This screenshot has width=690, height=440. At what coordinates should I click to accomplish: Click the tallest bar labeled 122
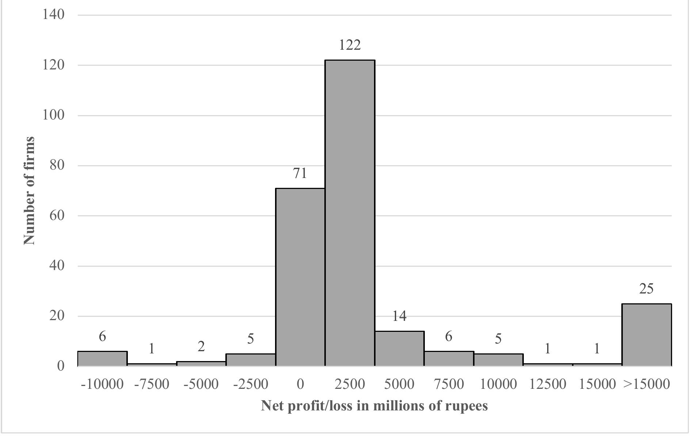(350, 213)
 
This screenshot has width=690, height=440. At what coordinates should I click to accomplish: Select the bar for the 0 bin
(300, 277)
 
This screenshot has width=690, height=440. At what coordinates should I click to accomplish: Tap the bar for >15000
(646, 334)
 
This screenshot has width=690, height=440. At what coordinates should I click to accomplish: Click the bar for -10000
(102, 359)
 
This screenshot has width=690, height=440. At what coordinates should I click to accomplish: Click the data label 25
(646, 289)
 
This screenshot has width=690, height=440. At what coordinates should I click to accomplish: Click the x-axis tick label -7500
(152, 384)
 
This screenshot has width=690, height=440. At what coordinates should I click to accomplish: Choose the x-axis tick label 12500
(547, 384)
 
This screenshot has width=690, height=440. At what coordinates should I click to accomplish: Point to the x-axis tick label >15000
(646, 384)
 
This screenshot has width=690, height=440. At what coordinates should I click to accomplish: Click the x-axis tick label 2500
(350, 384)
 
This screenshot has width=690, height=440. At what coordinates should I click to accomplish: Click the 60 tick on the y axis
(57, 215)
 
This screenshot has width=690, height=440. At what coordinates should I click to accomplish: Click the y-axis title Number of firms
(29, 190)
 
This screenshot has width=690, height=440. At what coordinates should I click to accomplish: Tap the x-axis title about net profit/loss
(374, 406)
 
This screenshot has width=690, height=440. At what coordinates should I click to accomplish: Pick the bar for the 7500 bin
(449, 358)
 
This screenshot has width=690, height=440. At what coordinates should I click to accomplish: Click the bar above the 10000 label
(498, 359)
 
